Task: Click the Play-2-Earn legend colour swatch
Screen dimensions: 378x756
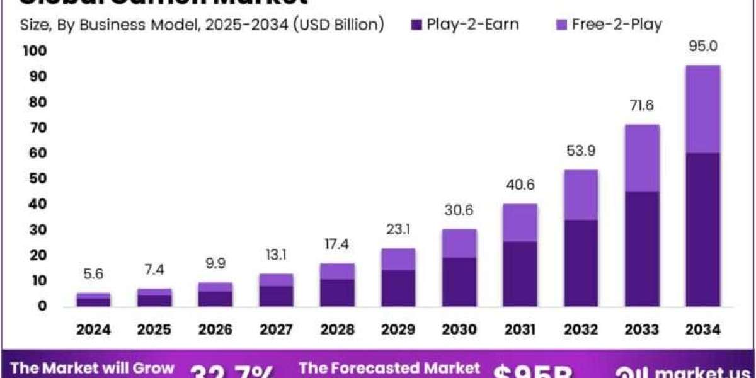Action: click(417, 25)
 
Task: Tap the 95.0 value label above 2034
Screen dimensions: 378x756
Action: click(703, 47)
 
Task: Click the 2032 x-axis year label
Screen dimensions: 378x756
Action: click(581, 329)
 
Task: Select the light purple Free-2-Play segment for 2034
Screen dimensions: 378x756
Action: click(703, 108)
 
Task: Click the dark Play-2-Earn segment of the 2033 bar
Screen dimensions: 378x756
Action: click(642, 249)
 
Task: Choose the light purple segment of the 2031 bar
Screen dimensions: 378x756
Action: click(520, 222)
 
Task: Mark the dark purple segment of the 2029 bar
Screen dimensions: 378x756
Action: click(398, 288)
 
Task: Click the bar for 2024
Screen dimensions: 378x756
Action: click(94, 300)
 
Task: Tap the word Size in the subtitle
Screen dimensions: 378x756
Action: click(33, 25)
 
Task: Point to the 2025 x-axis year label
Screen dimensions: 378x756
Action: click(154, 329)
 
